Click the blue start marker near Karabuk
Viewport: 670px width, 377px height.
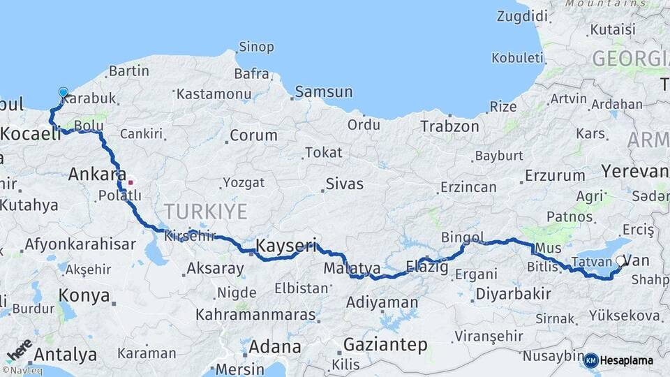click(x=64, y=92)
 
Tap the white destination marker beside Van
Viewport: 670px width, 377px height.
click(x=620, y=260)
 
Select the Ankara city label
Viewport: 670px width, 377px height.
click(x=97, y=175)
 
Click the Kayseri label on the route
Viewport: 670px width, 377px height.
click(x=286, y=246)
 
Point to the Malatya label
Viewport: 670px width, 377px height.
click(x=352, y=268)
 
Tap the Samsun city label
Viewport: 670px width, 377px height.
click(x=323, y=91)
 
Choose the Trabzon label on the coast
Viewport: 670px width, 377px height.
click(x=449, y=126)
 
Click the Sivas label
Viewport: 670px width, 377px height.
click(x=344, y=184)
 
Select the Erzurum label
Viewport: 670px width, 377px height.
click(x=554, y=175)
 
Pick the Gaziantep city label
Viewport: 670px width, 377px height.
click(x=385, y=345)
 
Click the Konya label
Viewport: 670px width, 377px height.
click(x=84, y=295)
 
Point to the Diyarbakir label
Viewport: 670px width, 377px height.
click(x=513, y=294)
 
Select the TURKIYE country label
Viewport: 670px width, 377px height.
click(x=206, y=212)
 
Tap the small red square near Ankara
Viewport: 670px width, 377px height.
click(x=131, y=182)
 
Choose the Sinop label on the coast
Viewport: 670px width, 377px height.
click(x=256, y=47)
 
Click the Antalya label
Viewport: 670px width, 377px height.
click(x=65, y=355)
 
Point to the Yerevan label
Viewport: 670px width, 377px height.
click(x=635, y=171)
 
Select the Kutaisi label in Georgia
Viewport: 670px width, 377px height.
click(x=612, y=30)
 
